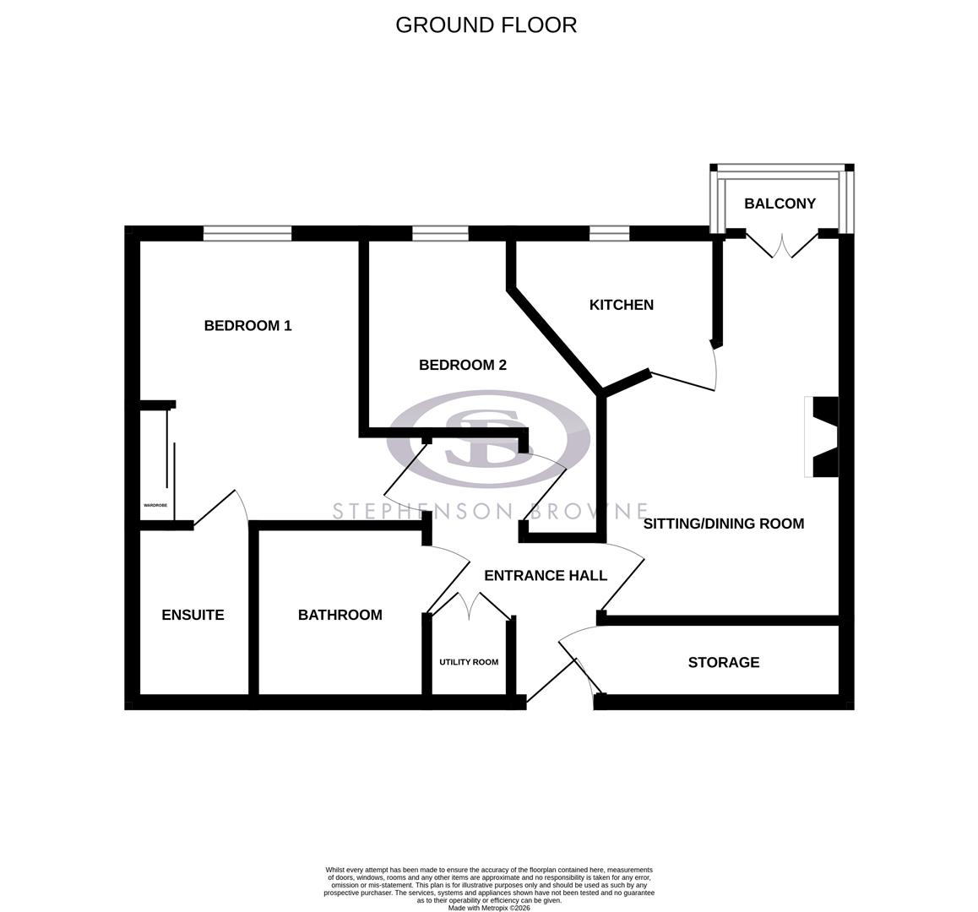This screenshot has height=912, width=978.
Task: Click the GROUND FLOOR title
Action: click(x=486, y=25)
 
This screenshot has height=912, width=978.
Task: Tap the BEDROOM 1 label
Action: click(x=247, y=325)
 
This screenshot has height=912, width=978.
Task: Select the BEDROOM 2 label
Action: click(x=463, y=365)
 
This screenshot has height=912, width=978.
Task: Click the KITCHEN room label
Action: click(x=621, y=305)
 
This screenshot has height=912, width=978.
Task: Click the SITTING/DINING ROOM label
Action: click(x=723, y=524)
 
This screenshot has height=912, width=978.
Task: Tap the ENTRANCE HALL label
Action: click(x=545, y=576)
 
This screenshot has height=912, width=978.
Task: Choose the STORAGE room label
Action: click(x=723, y=663)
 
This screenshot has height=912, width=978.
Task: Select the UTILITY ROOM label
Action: click(x=468, y=662)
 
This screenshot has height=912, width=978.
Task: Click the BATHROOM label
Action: click(x=340, y=616)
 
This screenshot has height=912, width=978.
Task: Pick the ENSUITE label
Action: click(x=193, y=616)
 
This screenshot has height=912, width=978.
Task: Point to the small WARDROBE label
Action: click(x=155, y=505)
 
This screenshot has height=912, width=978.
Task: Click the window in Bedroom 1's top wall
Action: click(x=247, y=233)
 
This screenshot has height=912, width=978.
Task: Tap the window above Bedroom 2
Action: click(x=440, y=233)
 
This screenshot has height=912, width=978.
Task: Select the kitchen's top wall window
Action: click(x=609, y=233)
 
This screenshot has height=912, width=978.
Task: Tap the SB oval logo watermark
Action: click(x=488, y=437)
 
